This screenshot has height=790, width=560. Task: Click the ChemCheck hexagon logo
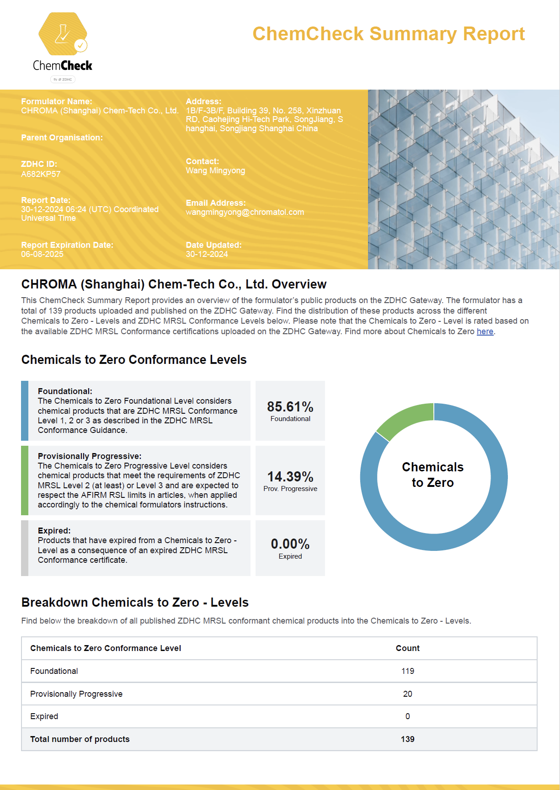point(63,34)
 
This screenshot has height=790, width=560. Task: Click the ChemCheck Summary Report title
point(389,34)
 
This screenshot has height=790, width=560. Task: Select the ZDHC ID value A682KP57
point(41,174)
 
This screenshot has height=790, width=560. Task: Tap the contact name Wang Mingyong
point(215,171)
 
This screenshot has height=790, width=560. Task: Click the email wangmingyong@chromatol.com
point(245,212)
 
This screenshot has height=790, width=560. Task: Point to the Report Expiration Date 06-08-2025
point(42,254)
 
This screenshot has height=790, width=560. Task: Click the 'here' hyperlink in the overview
point(485,331)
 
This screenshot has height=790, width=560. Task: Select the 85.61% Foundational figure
point(290,407)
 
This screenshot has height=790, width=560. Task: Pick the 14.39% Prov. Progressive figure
point(290,477)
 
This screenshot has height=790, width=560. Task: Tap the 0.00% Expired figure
point(290,544)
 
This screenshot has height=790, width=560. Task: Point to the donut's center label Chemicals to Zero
point(433,475)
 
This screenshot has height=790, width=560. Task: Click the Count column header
point(407,648)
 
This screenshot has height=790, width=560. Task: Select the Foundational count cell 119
point(407,671)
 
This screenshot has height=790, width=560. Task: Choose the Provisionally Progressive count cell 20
point(407,694)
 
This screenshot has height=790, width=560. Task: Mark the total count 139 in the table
point(407,739)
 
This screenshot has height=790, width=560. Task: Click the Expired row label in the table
point(44,716)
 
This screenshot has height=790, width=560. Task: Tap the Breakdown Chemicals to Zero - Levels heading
point(135,603)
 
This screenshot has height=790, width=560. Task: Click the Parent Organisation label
point(62,138)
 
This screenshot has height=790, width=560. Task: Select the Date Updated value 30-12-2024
point(207,254)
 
